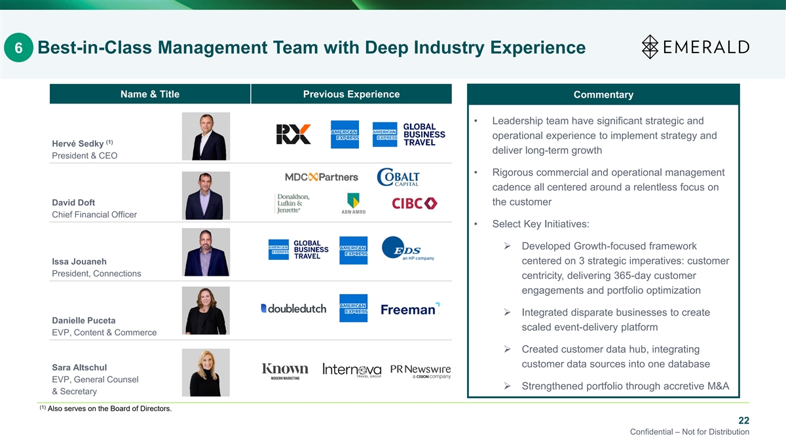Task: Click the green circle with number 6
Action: click(x=18, y=47)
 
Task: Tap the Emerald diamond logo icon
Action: click(x=650, y=46)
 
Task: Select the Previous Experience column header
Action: click(x=351, y=94)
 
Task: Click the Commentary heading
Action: click(x=603, y=94)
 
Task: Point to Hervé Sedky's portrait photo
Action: click(x=206, y=136)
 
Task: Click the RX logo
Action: click(x=293, y=134)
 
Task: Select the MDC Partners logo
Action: click(x=322, y=177)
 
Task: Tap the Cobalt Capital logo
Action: click(x=398, y=177)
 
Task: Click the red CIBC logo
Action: click(x=415, y=204)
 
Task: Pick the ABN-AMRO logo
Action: click(x=353, y=204)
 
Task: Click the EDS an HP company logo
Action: click(x=407, y=248)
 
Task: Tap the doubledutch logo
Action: click(x=293, y=308)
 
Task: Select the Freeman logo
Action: click(x=410, y=309)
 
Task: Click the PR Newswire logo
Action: click(x=421, y=371)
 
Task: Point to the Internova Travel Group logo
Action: click(x=352, y=370)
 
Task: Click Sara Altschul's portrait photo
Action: click(x=206, y=373)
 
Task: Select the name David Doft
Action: click(x=73, y=202)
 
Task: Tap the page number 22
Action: click(x=743, y=420)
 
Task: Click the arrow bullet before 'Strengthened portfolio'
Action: click(x=507, y=386)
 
